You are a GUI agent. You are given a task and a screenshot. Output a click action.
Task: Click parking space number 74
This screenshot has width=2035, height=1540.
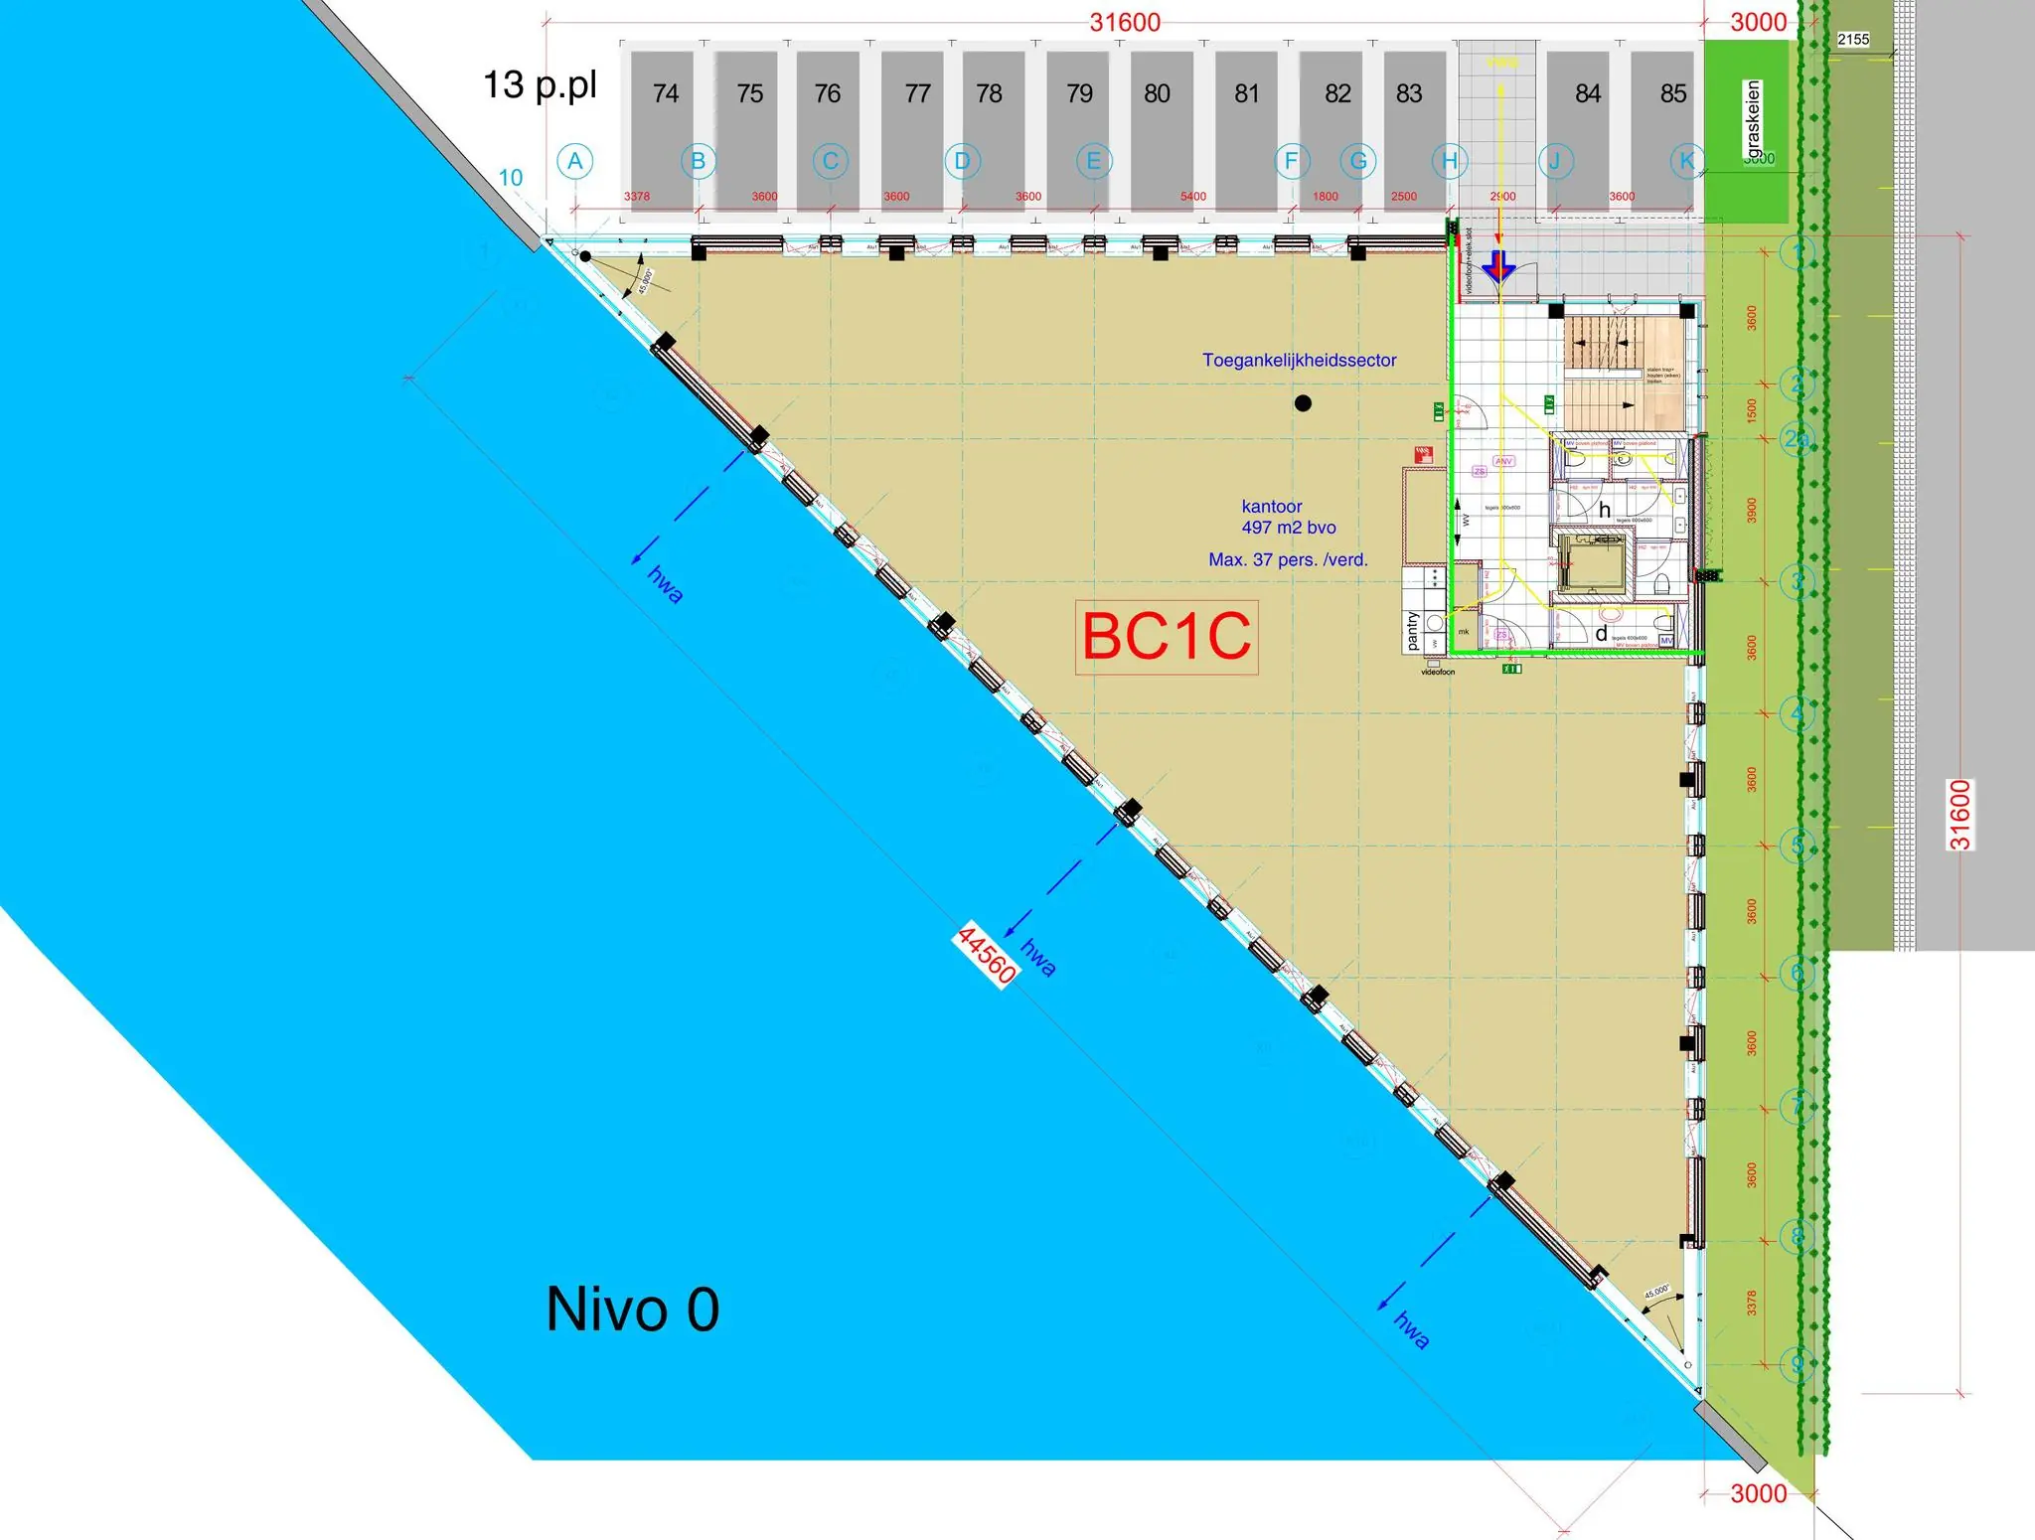[665, 93]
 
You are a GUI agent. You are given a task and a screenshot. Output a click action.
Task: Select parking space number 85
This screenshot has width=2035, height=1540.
[1672, 93]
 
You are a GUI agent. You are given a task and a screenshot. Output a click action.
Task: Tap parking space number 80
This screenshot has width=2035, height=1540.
[1156, 93]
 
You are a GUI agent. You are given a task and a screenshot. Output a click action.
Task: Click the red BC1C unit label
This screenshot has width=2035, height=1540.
[1166, 637]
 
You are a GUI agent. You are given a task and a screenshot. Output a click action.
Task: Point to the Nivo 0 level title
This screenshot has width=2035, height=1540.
[632, 1309]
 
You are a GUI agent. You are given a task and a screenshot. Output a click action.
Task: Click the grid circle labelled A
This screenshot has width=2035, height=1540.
[574, 161]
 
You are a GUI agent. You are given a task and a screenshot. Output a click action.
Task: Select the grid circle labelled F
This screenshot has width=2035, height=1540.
[1291, 161]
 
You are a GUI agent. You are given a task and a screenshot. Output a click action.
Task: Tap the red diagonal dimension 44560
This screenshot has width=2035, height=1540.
[985, 955]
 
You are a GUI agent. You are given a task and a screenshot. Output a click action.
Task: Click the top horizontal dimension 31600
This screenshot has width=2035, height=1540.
[1124, 22]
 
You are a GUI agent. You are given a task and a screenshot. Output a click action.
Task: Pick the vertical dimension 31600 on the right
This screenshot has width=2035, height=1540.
[1958, 815]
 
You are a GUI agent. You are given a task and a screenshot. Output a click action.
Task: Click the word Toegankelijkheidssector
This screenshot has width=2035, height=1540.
[1299, 360]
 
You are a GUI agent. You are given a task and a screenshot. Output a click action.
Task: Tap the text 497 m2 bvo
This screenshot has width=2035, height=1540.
[1288, 528]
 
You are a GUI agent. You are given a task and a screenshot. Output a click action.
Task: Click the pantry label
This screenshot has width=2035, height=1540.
[1412, 632]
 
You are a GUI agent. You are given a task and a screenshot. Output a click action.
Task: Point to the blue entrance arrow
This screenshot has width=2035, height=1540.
[1497, 267]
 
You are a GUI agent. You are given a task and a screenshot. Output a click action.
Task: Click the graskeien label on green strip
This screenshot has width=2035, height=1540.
[1753, 119]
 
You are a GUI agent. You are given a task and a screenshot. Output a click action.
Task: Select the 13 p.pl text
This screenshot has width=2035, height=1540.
[540, 85]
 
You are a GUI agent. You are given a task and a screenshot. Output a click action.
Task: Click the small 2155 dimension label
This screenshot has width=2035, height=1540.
[1852, 40]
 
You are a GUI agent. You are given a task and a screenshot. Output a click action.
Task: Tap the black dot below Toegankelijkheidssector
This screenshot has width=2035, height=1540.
[1303, 403]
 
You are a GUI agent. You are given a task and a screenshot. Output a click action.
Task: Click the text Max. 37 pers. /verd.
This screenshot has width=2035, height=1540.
[1288, 559]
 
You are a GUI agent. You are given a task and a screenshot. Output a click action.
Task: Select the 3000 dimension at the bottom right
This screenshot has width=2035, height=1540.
[1758, 1493]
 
